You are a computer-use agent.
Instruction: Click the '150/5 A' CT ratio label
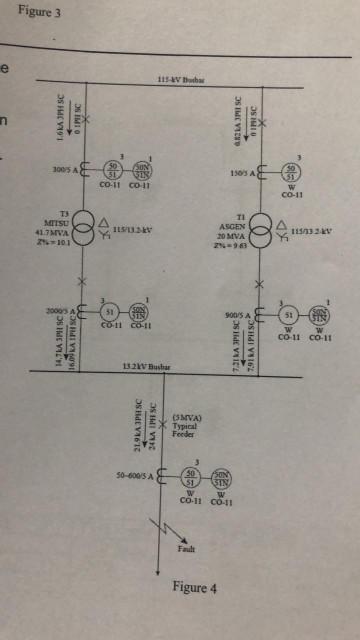click(242, 171)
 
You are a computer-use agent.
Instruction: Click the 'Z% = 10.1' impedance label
click(52, 241)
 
